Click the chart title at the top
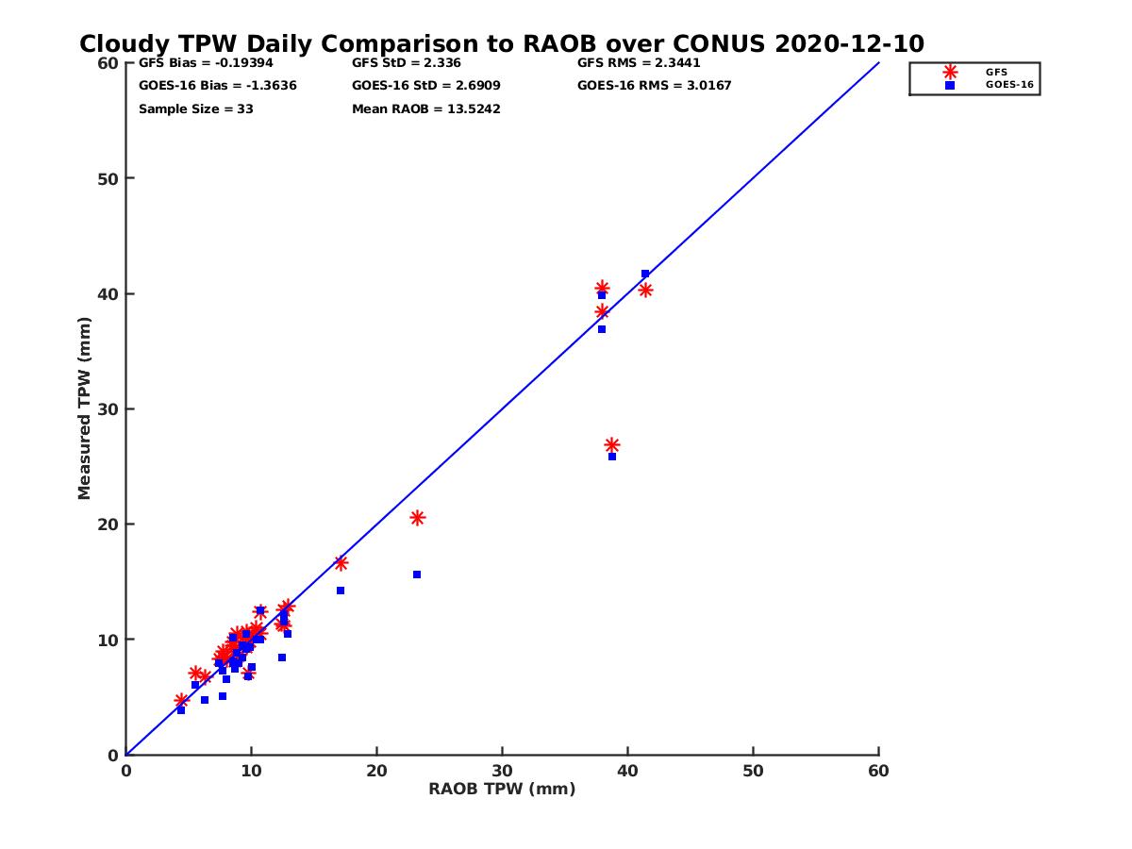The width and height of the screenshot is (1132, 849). tap(501, 43)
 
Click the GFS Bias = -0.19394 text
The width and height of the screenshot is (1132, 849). tap(206, 63)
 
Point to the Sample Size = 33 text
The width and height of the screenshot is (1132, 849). tap(195, 108)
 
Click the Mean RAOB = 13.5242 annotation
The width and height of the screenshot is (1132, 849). tap(426, 108)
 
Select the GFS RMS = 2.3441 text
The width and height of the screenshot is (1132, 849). tap(639, 63)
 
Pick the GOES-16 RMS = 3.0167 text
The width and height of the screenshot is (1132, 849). tap(655, 86)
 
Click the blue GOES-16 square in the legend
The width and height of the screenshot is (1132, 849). tap(950, 85)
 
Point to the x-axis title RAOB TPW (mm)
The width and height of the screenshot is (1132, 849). tap(502, 790)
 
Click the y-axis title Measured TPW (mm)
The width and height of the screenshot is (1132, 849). tap(85, 408)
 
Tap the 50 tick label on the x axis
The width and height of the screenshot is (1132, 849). tap(753, 772)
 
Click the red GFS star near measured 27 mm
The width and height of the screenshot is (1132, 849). tap(611, 445)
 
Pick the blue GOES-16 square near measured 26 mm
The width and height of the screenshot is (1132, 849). tap(611, 457)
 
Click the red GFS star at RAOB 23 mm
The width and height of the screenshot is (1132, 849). tap(417, 518)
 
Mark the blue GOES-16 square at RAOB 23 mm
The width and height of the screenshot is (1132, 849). tap(417, 574)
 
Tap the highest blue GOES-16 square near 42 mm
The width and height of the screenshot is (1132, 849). tap(645, 274)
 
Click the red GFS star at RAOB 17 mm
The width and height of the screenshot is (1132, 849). tap(341, 563)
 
